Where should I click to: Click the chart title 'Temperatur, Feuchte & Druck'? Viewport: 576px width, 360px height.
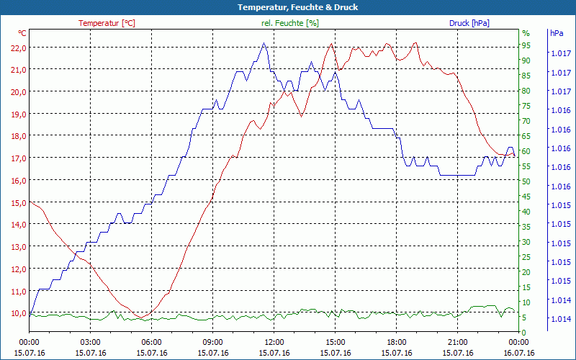pos(287,7)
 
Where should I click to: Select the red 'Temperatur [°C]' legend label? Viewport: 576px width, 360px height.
pos(107,23)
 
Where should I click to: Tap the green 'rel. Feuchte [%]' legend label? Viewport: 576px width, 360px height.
pos(289,23)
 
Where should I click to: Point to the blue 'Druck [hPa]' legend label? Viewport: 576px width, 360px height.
pos(469,23)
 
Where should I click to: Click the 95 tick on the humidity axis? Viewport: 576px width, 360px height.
pos(526,45)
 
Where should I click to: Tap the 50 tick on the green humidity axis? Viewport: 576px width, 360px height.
pos(526,181)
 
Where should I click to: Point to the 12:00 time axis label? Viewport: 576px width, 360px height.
pos(274,343)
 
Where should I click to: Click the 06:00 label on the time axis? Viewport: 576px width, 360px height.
pos(152,343)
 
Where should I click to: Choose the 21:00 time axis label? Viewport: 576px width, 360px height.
pos(458,343)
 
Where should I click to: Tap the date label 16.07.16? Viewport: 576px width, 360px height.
pos(519,353)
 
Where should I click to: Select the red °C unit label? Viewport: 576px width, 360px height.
pos(22,33)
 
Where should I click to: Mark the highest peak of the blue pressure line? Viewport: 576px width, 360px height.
pos(264,43)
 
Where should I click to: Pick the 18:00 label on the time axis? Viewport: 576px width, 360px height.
pos(397,343)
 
